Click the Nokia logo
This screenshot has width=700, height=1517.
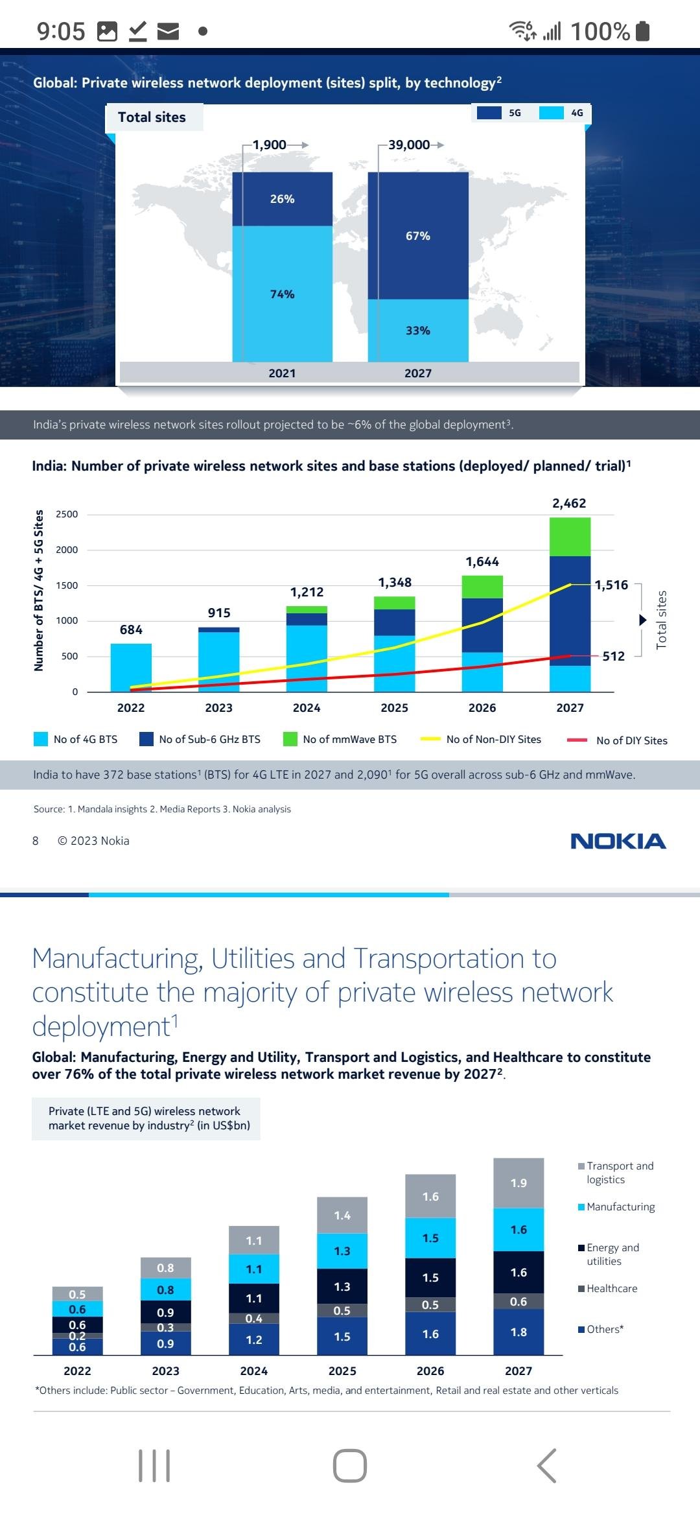[x=618, y=841]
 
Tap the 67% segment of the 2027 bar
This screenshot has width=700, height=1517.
[x=418, y=236]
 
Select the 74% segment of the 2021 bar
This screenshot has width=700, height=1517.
[x=282, y=294]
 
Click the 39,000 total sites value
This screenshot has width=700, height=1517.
[x=409, y=145]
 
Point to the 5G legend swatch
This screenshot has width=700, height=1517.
[x=489, y=113]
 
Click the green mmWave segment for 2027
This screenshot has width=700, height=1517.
[x=570, y=537]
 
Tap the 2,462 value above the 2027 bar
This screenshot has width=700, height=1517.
[x=569, y=503]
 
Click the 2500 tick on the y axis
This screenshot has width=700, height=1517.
[x=67, y=514]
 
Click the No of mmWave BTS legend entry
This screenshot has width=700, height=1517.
[x=340, y=739]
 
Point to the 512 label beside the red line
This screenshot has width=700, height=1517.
[x=613, y=656]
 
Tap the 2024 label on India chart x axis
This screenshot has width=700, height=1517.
[x=307, y=708]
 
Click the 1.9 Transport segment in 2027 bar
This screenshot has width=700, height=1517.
[x=519, y=1183]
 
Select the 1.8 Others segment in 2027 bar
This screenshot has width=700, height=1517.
[x=519, y=1332]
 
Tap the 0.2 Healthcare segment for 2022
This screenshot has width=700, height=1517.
[x=77, y=1335]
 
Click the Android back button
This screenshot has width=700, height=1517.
[x=546, y=1465]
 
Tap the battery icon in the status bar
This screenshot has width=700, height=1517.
[x=643, y=30]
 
